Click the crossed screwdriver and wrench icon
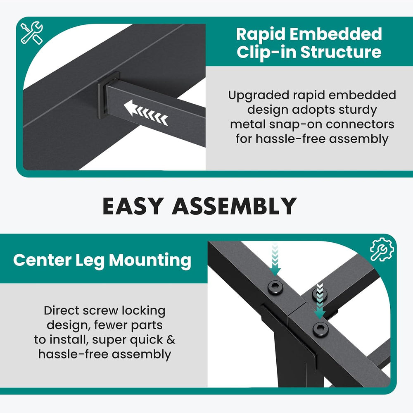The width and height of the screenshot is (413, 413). pyautogui.click(x=32, y=33)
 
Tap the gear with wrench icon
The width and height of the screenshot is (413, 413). pyautogui.click(x=382, y=249)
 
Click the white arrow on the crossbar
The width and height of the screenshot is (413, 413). pyautogui.click(x=146, y=112)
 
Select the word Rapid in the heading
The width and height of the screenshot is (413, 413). pyautogui.click(x=257, y=34)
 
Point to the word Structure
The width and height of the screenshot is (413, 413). pyautogui.click(x=341, y=52)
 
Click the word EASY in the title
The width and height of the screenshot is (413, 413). pyautogui.click(x=132, y=206)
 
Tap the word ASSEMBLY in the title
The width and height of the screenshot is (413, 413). pyautogui.click(x=235, y=206)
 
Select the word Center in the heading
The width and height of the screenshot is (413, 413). pyautogui.click(x=42, y=260)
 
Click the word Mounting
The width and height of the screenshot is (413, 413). pyautogui.click(x=150, y=261)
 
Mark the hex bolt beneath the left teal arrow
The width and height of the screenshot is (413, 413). pyautogui.click(x=275, y=287)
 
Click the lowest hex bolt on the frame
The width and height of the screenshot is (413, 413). pyautogui.click(x=320, y=329)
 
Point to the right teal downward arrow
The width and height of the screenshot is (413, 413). pyautogui.click(x=320, y=301)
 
